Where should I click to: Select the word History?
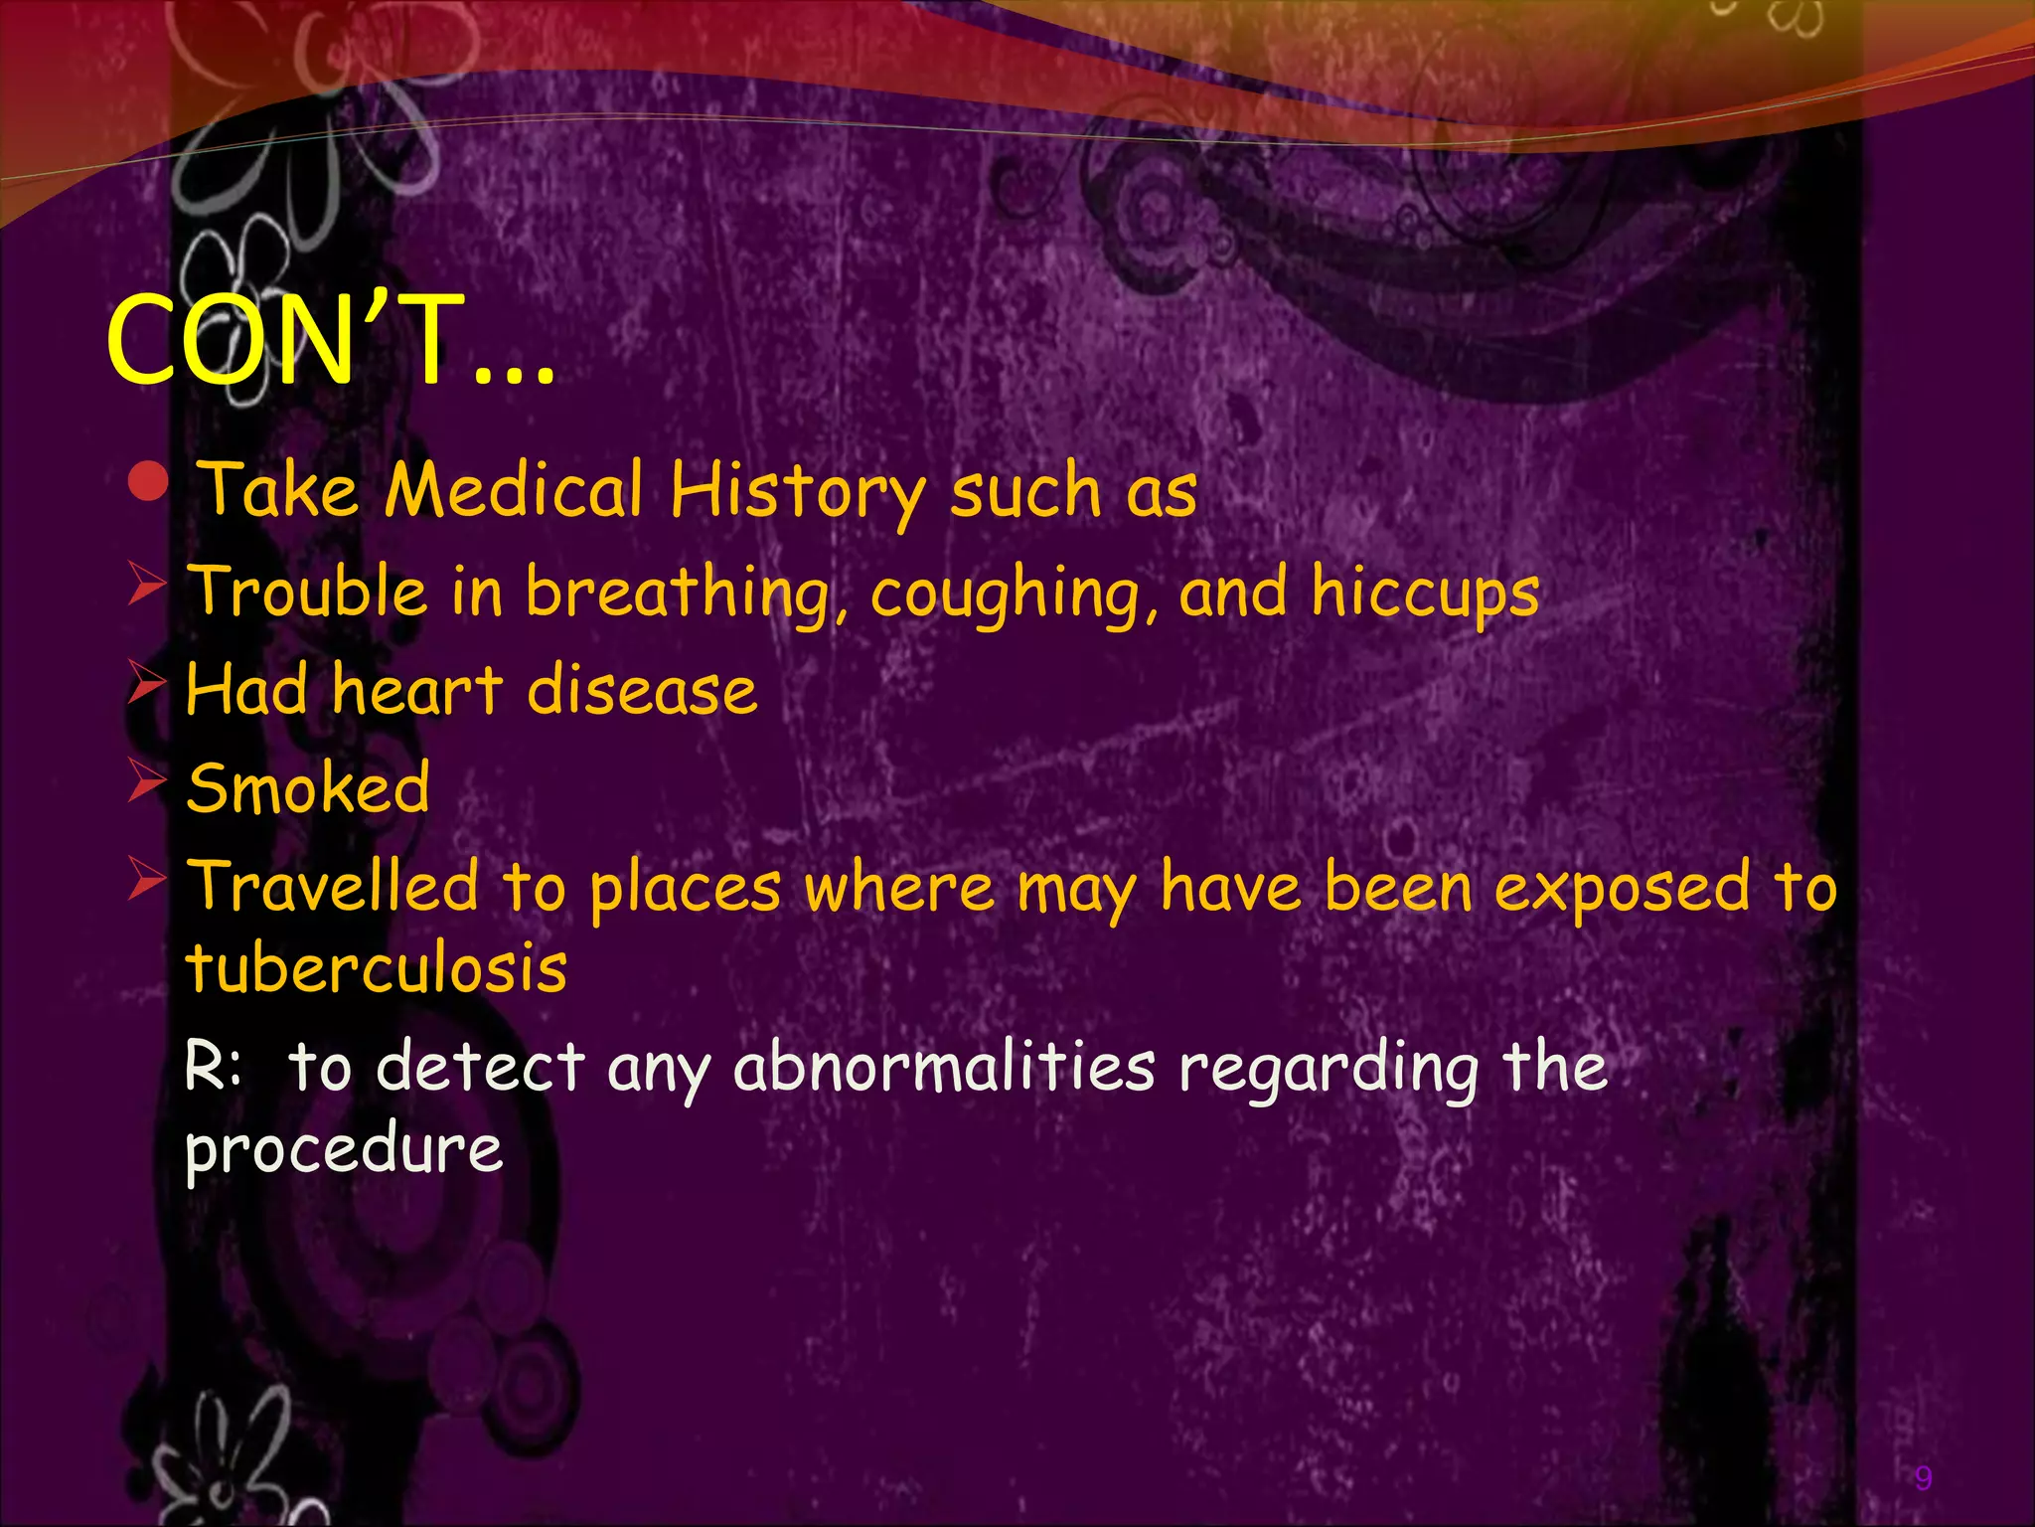coord(796,492)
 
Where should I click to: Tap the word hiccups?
coord(1425,594)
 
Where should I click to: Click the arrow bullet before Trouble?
coord(146,584)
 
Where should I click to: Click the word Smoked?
coord(308,787)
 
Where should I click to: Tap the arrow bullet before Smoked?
coord(146,782)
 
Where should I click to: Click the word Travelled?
coord(334,886)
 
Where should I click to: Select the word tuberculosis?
coord(377,966)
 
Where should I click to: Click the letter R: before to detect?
coord(213,1066)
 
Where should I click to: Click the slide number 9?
coord(1923,1478)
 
